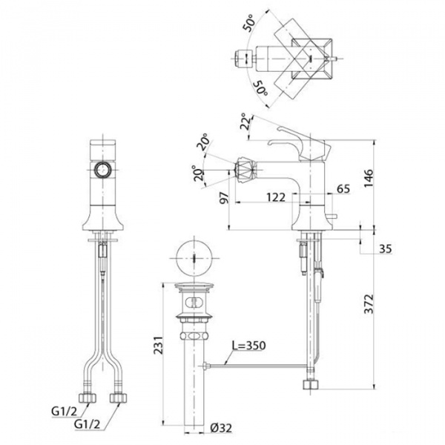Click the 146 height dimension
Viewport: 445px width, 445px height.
point(369,178)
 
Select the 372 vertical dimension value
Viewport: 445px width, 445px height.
point(369,304)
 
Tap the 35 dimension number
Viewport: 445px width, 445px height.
point(386,249)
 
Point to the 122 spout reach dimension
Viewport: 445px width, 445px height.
point(276,197)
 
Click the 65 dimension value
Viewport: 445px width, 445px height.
point(343,188)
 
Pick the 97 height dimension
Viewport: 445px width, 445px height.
point(224,197)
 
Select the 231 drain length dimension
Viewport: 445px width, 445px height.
point(159,345)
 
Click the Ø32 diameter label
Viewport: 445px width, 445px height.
point(221,428)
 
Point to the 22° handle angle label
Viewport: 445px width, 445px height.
point(245,121)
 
